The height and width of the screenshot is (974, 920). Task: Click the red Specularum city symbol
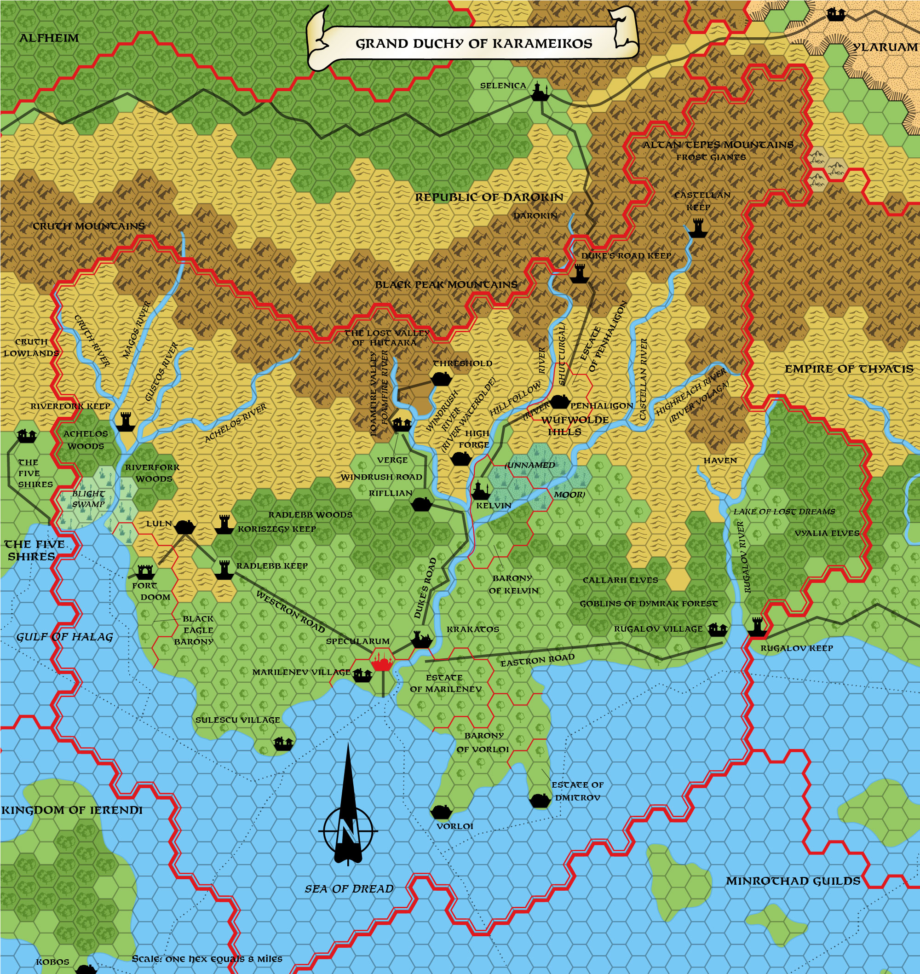(x=383, y=661)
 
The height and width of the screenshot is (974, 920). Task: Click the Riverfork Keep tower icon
(x=126, y=421)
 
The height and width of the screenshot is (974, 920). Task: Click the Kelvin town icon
(x=481, y=490)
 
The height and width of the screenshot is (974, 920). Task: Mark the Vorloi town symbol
(x=441, y=812)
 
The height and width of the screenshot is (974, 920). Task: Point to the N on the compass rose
(x=348, y=831)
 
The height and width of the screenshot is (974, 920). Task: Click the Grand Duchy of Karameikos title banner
(x=473, y=43)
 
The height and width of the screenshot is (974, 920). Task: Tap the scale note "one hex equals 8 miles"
(x=207, y=958)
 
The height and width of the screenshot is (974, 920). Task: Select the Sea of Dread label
(x=349, y=889)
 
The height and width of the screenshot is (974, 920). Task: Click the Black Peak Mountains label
(x=446, y=284)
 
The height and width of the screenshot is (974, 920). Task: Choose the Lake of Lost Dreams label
(x=784, y=512)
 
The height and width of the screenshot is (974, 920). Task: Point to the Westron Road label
(x=290, y=612)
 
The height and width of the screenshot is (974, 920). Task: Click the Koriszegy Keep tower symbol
(x=224, y=524)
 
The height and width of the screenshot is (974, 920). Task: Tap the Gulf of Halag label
(x=65, y=637)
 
